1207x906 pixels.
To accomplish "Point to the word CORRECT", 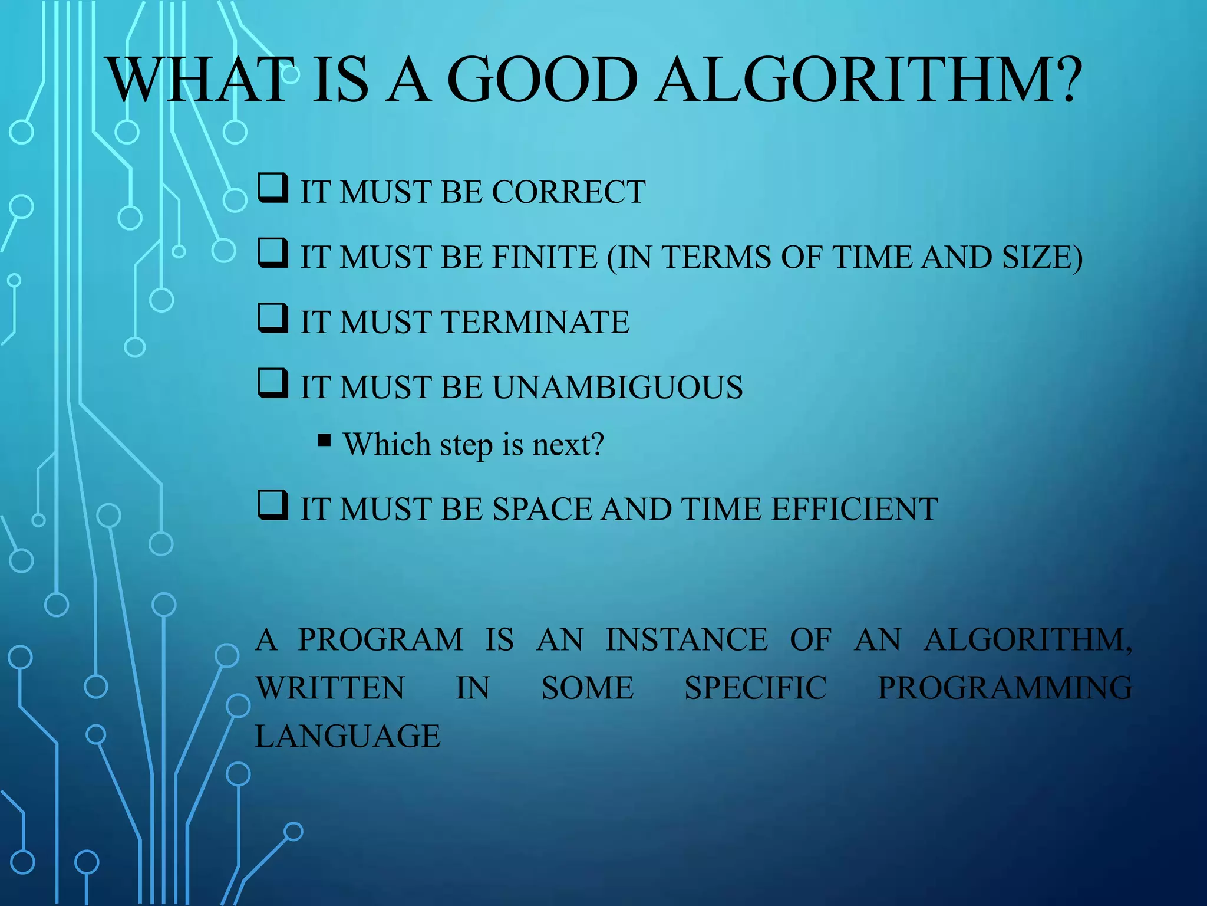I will coord(568,192).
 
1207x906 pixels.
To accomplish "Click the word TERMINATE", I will coord(535,322).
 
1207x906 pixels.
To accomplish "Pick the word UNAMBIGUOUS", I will coord(617,387).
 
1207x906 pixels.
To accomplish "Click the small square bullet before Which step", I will coord(324,441).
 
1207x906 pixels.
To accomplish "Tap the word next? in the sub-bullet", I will coord(568,444).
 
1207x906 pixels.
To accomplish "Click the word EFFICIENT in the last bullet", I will coord(854,509).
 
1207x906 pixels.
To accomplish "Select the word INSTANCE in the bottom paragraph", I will coord(687,639).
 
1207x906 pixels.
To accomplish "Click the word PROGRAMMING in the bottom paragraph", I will coord(1004,688).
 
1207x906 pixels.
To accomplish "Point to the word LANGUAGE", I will coord(348,736).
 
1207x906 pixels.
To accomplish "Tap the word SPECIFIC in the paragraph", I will coord(756,688).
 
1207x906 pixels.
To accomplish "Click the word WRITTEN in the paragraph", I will coord(330,688).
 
